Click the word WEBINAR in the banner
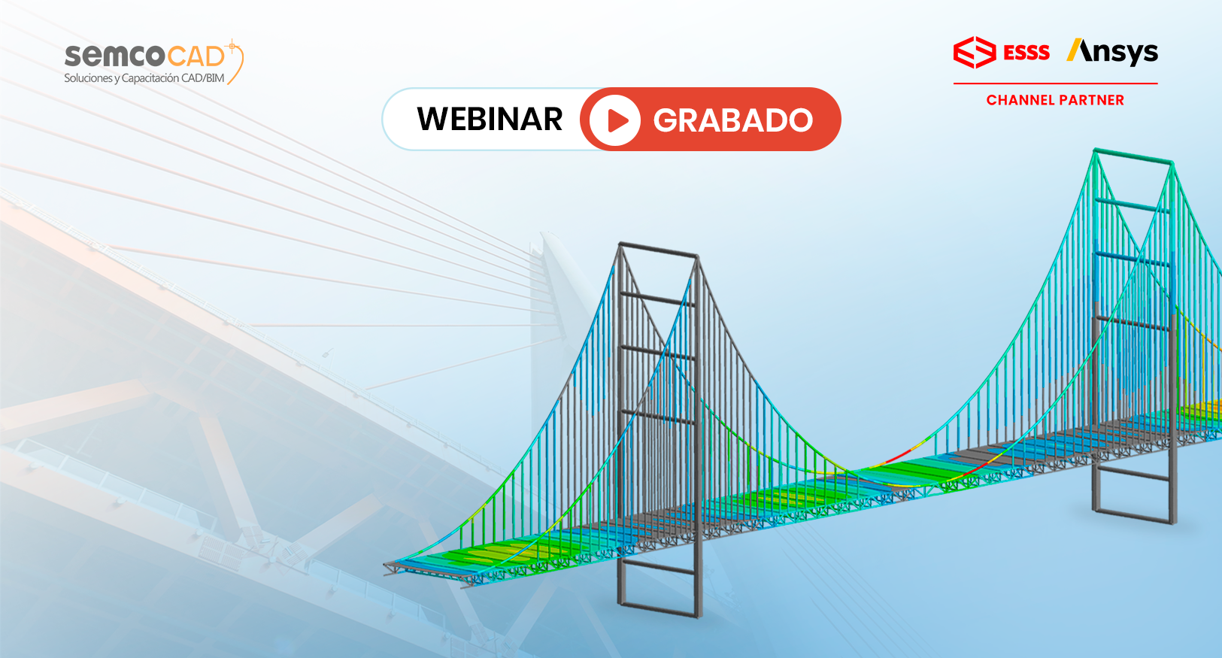490,119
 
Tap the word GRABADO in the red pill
733,120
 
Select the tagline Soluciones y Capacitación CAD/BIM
144,78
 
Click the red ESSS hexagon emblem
975,53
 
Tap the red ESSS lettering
1026,53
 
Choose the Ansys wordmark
1111,53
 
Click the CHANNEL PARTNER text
1055,100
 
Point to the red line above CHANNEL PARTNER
1055,83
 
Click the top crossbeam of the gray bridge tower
659,250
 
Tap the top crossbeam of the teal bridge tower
1133,156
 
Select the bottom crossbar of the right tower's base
1134,517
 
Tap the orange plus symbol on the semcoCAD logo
232,47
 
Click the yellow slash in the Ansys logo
1074,50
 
